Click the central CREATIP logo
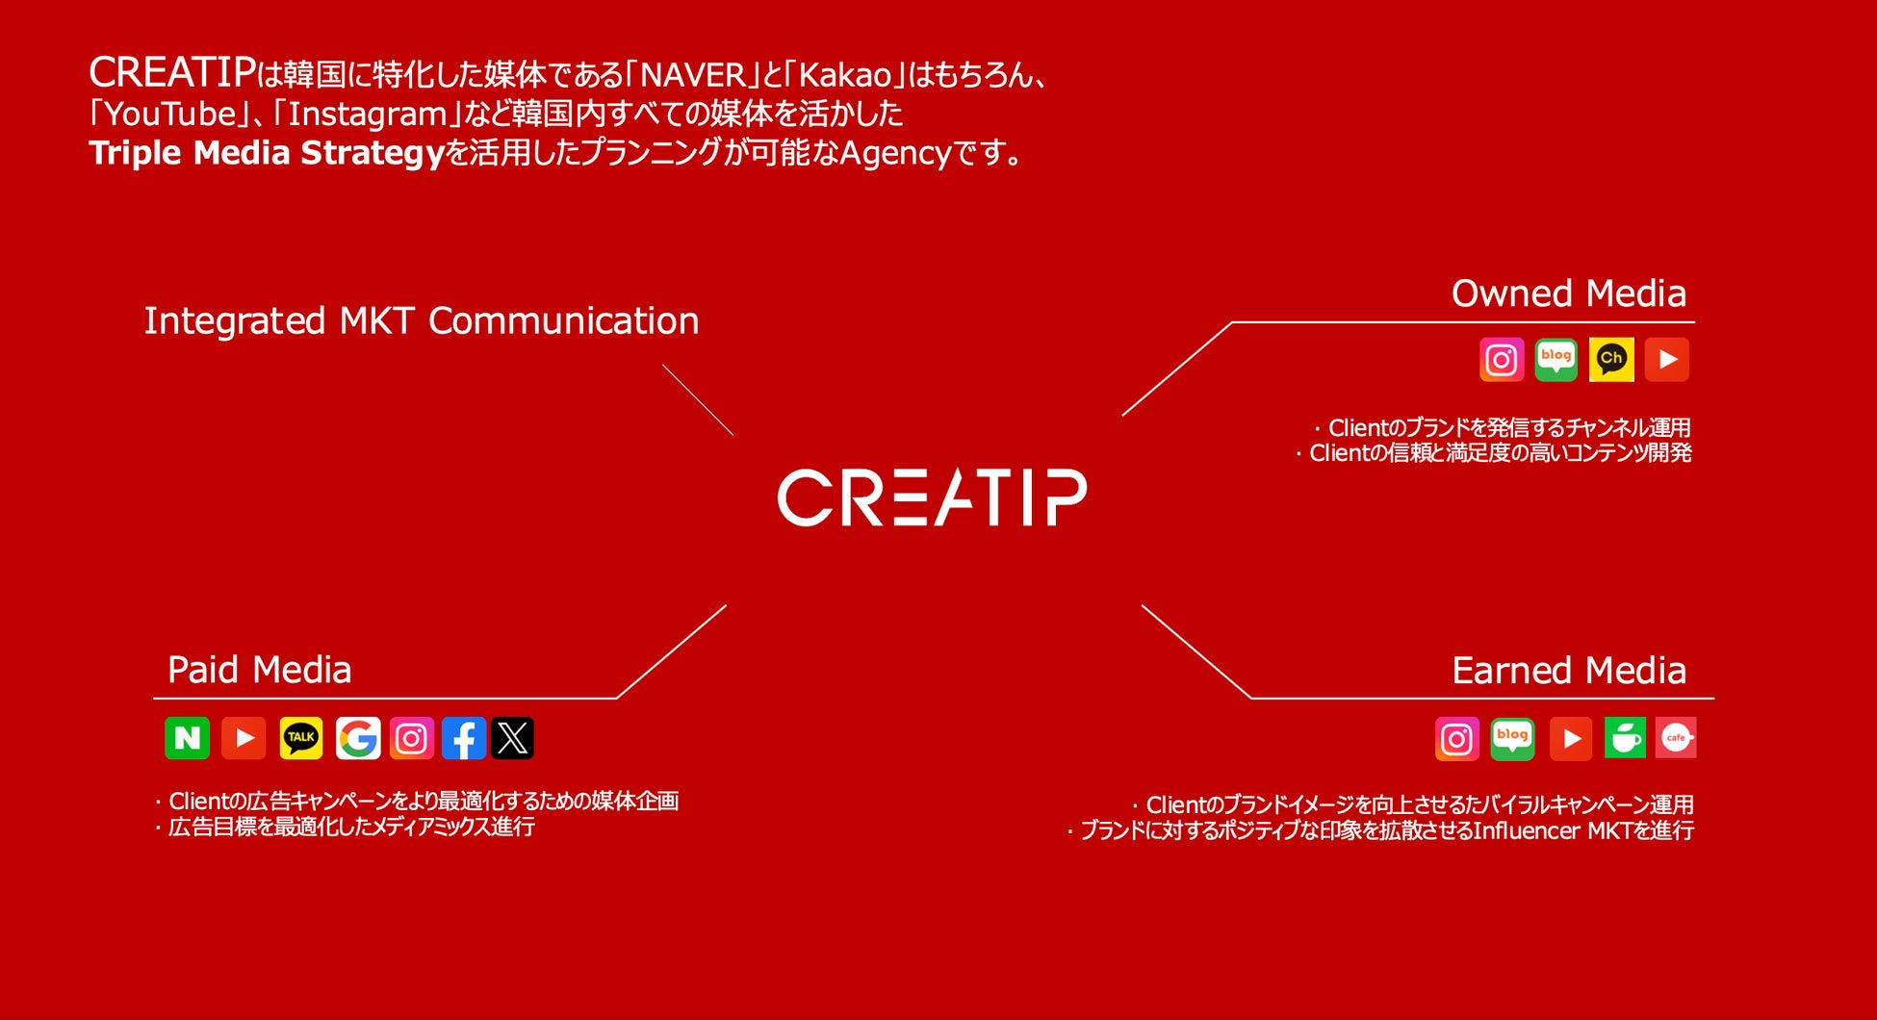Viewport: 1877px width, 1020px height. pos(932,497)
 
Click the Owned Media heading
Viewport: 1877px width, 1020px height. pos(1568,293)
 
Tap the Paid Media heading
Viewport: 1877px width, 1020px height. pos(259,670)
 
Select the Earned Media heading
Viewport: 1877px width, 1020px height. pos(1568,671)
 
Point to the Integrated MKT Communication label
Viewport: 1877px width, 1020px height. pos(421,321)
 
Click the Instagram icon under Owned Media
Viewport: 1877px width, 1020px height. pos(1502,360)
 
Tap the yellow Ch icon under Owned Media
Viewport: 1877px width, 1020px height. pos(1610,360)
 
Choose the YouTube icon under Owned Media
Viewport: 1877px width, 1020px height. pos(1666,360)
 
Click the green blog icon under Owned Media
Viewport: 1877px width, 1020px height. pos(1556,360)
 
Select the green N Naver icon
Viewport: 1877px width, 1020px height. pos(188,738)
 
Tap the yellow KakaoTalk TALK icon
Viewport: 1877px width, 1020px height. pos(301,738)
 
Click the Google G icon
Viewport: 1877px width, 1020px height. pos(358,738)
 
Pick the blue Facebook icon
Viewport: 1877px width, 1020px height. pos(463,738)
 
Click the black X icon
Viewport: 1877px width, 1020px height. pos(512,738)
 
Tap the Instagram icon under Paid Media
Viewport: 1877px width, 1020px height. pos(412,738)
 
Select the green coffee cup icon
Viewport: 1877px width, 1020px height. pos(1625,738)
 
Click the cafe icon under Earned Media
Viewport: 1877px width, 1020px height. pos(1676,738)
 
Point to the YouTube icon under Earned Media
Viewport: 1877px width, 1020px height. pos(1571,738)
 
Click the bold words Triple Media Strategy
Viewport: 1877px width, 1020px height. pos(266,153)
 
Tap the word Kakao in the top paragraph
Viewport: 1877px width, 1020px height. pos(846,75)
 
